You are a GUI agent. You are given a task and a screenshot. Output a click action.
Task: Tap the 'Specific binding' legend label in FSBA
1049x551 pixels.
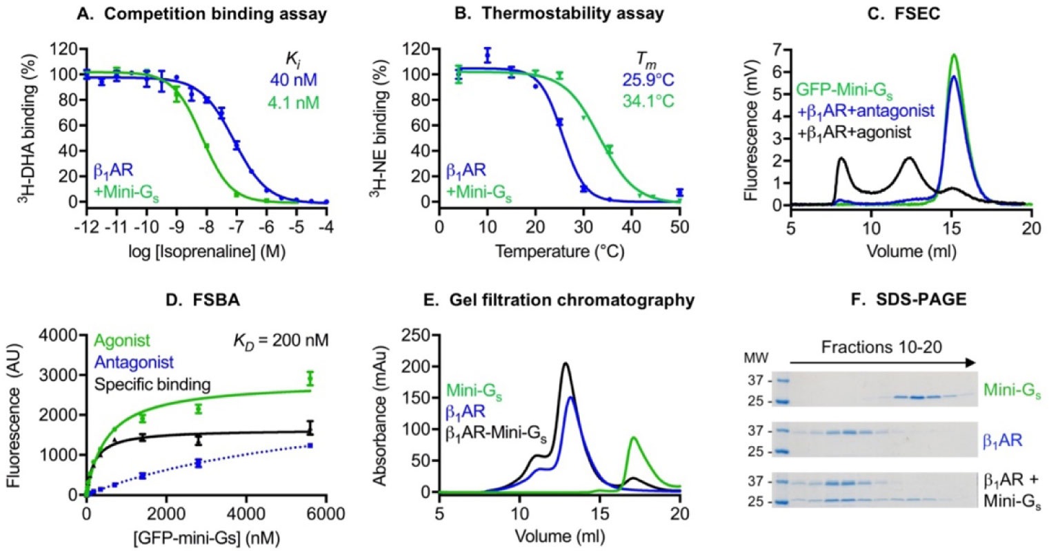click(152, 384)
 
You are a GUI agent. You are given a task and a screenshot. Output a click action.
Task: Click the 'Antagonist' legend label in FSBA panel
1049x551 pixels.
click(134, 362)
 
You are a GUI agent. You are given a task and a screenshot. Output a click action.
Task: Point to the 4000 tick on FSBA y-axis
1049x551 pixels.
click(65, 336)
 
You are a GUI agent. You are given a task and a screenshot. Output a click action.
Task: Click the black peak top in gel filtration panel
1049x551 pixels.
click(566, 363)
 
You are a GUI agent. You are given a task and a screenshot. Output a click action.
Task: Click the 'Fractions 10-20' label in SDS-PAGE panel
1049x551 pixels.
click(880, 345)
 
